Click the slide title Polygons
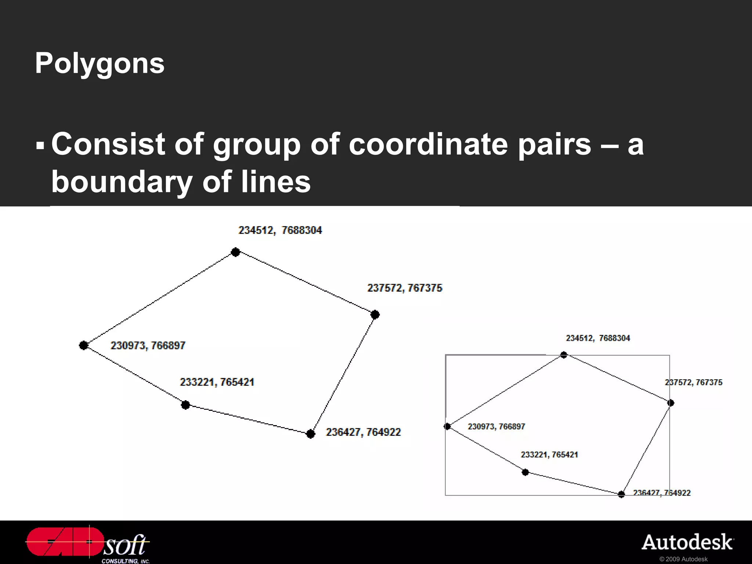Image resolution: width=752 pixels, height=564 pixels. [x=100, y=63]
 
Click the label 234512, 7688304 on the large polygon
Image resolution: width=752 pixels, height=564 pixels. [x=280, y=230]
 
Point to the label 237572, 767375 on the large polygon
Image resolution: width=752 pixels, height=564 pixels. [x=405, y=288]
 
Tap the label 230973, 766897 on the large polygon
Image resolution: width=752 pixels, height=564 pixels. [x=148, y=346]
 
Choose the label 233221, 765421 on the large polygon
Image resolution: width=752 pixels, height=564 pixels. [x=217, y=382]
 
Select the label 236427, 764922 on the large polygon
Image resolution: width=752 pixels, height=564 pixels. [x=363, y=432]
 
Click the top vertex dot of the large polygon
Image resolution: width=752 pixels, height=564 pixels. [x=236, y=252]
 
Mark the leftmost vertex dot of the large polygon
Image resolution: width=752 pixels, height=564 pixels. [x=84, y=345]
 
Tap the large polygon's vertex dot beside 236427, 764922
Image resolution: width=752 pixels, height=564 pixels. [x=311, y=434]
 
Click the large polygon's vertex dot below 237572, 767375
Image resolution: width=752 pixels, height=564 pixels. [x=375, y=315]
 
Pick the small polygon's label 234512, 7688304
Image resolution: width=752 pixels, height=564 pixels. [x=598, y=338]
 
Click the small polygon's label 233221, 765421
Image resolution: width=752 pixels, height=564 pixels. [x=549, y=455]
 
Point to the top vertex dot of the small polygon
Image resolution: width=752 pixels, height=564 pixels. [x=564, y=355]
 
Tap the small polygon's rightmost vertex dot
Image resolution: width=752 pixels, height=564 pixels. [x=671, y=403]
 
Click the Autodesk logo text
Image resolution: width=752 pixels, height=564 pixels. [x=687, y=543]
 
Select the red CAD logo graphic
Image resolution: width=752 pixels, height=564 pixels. [x=65, y=542]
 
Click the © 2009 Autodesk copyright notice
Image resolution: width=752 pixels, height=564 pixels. [x=683, y=559]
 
